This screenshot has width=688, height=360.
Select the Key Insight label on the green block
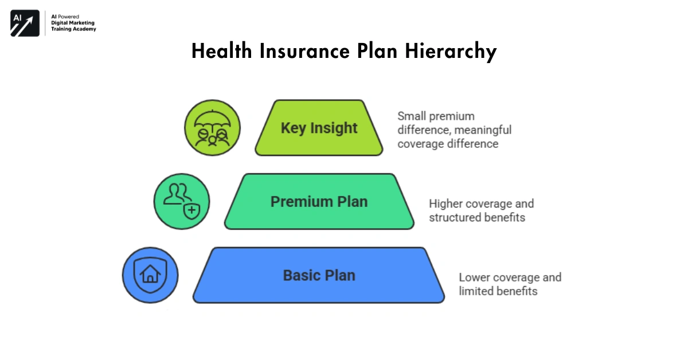pyautogui.click(x=319, y=128)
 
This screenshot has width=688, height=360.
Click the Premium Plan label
pyautogui.click(x=319, y=202)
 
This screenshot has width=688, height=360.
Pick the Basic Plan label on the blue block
pyautogui.click(x=319, y=275)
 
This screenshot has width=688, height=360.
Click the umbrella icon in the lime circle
pyautogui.click(x=212, y=128)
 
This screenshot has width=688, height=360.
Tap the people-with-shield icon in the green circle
pyautogui.click(x=181, y=202)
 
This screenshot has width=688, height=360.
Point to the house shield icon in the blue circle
pyautogui.click(x=150, y=275)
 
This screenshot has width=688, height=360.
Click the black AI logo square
pyautogui.click(x=25, y=24)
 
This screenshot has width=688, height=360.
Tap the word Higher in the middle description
pyautogui.click(x=445, y=204)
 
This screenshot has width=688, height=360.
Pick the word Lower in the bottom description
pyautogui.click(x=474, y=277)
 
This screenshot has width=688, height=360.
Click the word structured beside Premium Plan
pyautogui.click(x=452, y=218)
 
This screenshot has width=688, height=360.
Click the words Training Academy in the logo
pyautogui.click(x=73, y=29)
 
